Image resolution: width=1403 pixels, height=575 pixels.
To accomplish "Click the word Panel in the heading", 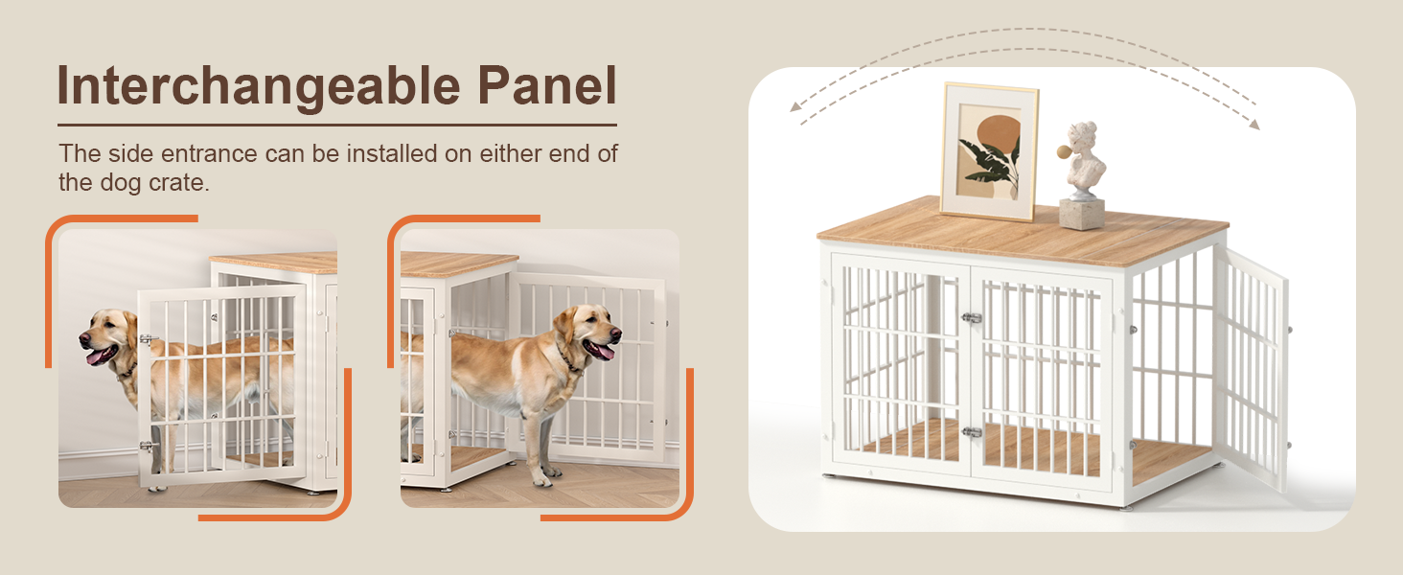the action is point(547,85).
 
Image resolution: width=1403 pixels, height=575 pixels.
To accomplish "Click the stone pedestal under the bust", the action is point(1082,215).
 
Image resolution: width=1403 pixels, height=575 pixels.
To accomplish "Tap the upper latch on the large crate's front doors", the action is point(972,318).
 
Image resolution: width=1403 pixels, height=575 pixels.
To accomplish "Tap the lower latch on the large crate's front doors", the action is point(972,431).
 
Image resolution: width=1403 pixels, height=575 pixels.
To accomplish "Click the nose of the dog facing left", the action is point(84,339).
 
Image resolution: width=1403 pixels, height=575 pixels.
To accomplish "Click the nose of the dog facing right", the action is point(615,333).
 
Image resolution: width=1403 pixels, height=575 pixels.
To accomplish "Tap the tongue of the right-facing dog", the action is point(602,352).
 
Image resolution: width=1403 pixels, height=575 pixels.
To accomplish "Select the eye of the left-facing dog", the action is point(110,325).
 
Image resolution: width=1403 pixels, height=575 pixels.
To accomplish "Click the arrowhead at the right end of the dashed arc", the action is point(1253,124).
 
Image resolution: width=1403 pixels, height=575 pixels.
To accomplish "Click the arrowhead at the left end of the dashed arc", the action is point(795,106).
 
